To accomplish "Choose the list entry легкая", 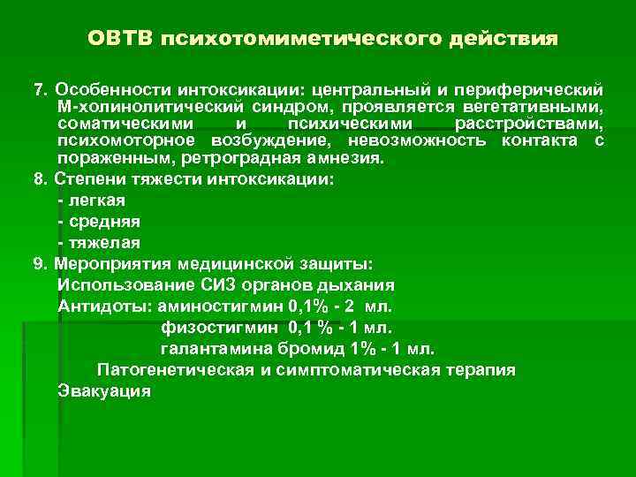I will (x=96, y=201).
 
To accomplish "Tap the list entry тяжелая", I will (x=103, y=241).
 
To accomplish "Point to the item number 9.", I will (x=38, y=263).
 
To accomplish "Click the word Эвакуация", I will (x=104, y=390).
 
